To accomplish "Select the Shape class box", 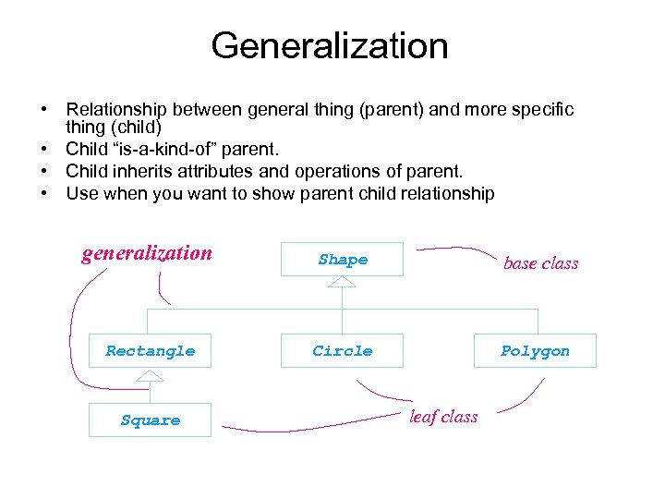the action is [343, 261].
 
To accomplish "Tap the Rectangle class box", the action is [150, 351].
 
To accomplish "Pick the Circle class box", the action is [343, 351].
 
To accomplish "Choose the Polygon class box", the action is [535, 351].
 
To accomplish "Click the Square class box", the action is [150, 420].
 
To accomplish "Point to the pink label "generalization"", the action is [147, 253].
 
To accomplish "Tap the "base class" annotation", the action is [540, 263].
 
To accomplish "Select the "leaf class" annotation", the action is [443, 417].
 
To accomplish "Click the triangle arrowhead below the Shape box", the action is [343, 282].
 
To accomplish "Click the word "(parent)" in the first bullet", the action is [399, 110].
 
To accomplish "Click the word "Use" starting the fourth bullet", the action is [81, 194].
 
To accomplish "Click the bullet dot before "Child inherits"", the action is [44, 171].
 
